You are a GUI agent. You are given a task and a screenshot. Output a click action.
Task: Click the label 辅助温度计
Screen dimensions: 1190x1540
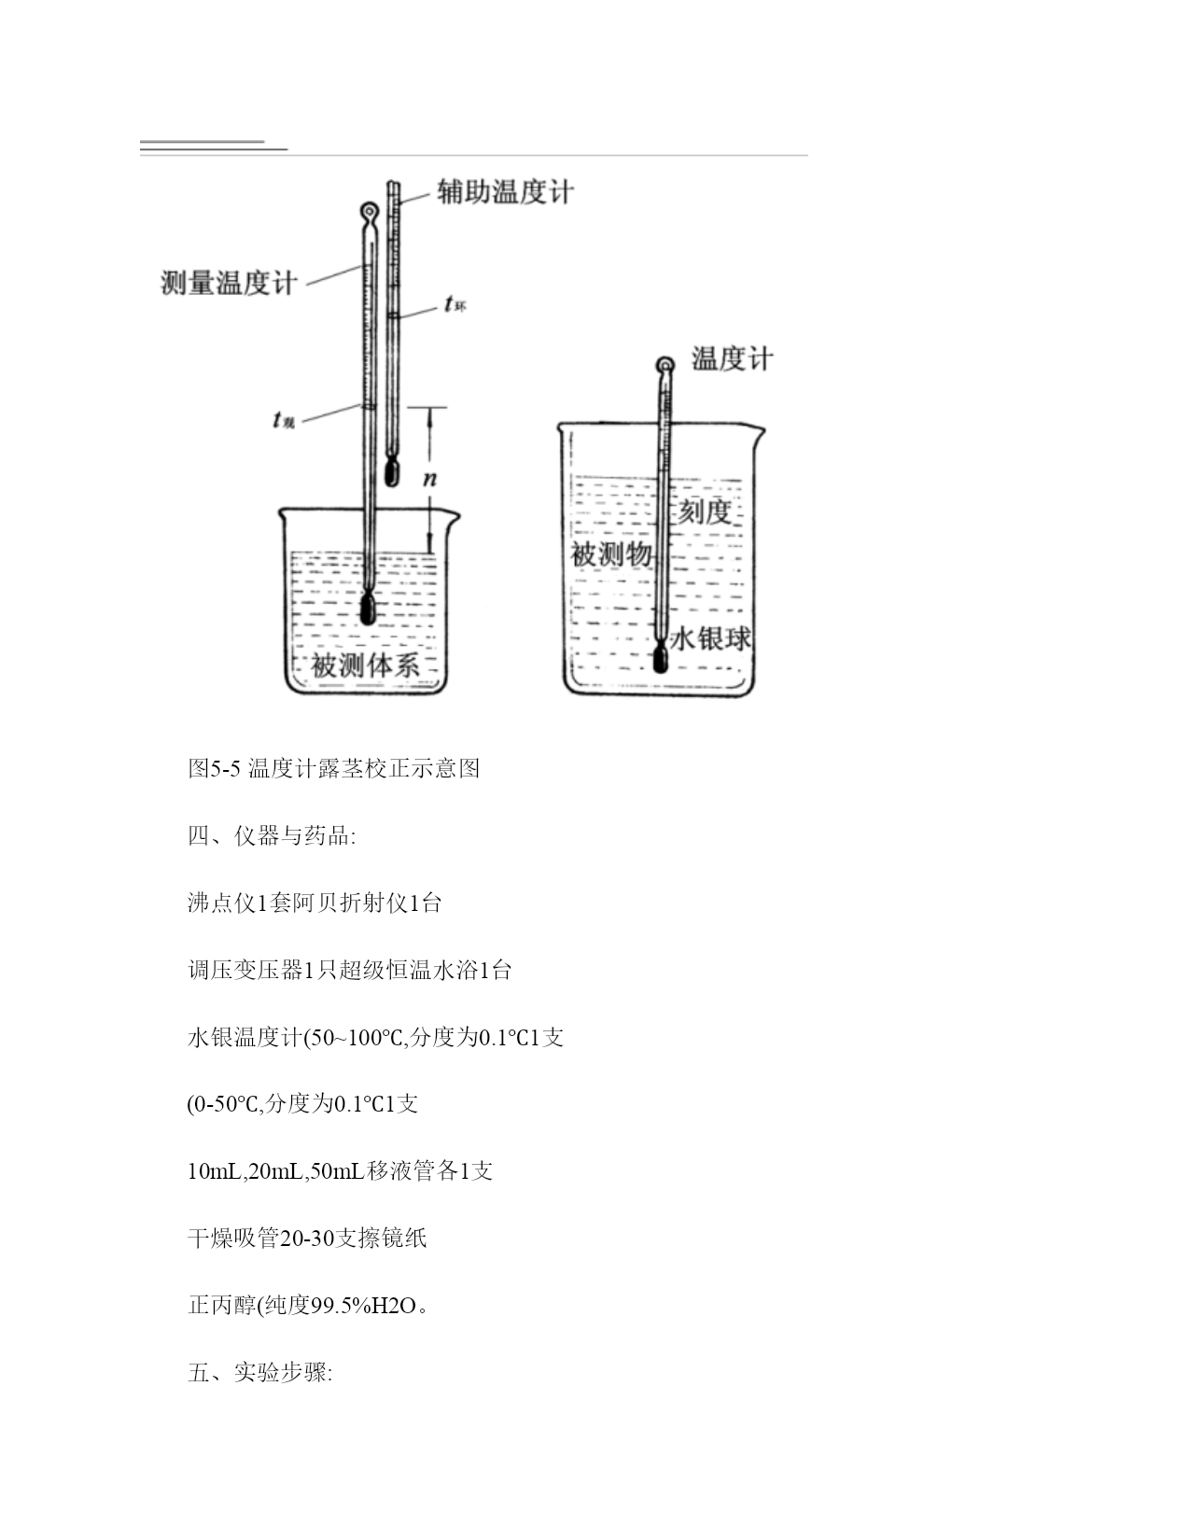point(505,192)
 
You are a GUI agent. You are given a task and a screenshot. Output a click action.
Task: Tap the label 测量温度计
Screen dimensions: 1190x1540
point(229,283)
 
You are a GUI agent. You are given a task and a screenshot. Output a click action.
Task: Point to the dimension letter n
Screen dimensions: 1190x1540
point(429,480)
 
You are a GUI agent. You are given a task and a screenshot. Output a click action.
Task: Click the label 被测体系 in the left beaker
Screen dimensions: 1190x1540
point(366,665)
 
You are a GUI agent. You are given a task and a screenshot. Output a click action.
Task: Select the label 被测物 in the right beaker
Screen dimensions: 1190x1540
point(611,554)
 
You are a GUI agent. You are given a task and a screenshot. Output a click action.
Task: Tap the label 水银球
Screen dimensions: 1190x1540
point(710,638)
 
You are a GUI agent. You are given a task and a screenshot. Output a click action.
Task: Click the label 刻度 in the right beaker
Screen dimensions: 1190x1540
point(705,511)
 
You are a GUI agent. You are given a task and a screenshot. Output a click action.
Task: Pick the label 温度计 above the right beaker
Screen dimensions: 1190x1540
point(732,358)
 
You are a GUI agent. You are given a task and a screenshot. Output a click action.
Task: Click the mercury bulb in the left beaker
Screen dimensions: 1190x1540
point(367,608)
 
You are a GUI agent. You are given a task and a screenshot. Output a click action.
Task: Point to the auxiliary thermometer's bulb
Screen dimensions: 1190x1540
point(392,472)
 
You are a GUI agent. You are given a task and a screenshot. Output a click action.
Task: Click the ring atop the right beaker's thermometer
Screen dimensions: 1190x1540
point(665,366)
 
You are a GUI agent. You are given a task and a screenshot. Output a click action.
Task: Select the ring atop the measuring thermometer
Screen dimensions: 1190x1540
point(370,211)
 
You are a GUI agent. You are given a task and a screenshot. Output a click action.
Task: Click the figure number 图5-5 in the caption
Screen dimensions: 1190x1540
point(215,768)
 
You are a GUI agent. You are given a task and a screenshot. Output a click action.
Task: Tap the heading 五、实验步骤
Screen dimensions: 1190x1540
point(260,1373)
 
